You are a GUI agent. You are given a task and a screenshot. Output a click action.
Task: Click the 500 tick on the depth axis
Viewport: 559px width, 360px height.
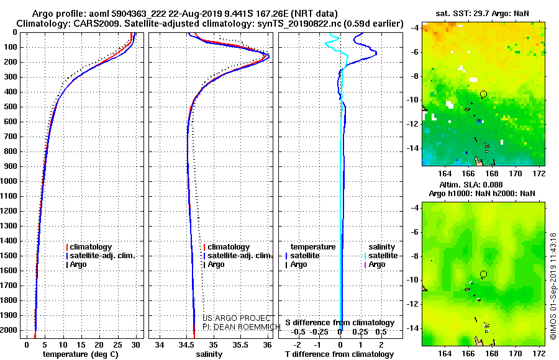click(11, 107)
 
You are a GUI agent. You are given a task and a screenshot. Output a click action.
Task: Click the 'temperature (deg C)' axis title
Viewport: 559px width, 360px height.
click(81, 354)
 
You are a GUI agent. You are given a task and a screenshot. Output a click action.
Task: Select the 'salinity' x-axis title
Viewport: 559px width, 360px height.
click(209, 354)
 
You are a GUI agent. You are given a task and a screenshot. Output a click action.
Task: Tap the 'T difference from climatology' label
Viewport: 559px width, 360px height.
click(339, 354)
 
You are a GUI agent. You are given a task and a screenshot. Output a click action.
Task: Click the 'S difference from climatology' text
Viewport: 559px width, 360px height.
click(340, 323)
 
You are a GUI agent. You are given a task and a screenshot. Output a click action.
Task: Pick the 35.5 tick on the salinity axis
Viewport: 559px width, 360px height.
click(240, 345)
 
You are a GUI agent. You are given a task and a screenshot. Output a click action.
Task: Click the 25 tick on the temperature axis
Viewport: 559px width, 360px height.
click(117, 345)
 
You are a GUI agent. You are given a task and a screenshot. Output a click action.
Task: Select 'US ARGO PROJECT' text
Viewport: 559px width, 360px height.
click(237, 318)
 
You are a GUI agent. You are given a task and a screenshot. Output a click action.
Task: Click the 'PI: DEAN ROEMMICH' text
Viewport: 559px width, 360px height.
click(242, 327)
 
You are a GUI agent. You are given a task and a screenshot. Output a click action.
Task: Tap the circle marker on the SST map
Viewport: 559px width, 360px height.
click(483, 94)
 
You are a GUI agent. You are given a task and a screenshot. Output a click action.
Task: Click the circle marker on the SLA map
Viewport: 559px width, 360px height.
click(483, 274)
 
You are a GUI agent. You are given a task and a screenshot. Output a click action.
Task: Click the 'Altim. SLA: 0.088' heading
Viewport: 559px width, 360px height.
click(471, 185)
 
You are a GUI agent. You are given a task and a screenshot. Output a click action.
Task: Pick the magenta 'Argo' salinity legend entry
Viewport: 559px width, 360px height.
click(375, 264)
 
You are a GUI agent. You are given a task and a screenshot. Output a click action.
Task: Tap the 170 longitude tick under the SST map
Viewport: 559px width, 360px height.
click(516, 174)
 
